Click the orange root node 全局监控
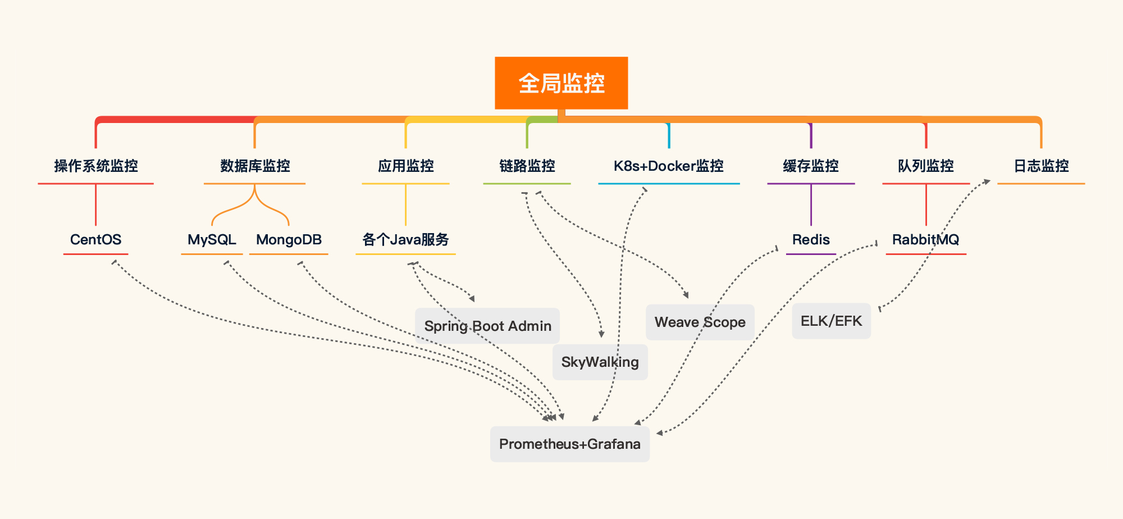(561, 83)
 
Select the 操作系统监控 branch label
(96, 166)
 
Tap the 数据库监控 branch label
(255, 166)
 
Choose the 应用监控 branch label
(405, 166)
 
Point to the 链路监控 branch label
(527, 166)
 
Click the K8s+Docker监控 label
(668, 166)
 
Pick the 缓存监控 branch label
(811, 166)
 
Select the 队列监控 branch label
(925, 166)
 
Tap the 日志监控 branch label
(1041, 166)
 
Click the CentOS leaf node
(95, 240)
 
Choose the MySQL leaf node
(212, 240)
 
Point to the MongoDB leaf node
(289, 240)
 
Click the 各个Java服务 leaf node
(405, 240)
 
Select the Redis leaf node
(811, 240)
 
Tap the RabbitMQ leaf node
(925, 240)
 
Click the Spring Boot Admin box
(487, 326)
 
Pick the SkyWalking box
(600, 362)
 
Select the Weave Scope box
(700, 322)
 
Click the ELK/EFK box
(831, 321)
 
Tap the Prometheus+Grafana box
(569, 444)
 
